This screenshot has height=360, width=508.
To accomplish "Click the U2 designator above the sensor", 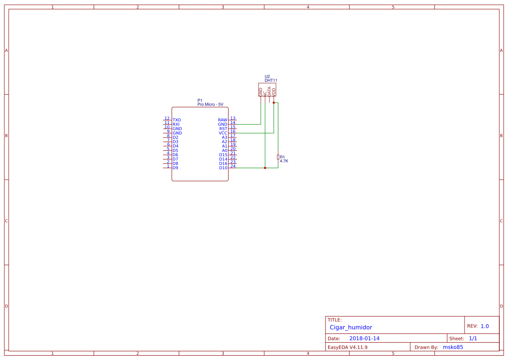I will (267, 77).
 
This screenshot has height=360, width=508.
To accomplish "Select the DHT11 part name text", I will (271, 80).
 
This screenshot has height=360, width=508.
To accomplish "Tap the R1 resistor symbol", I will (278, 157).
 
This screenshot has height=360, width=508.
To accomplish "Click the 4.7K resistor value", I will (284, 161).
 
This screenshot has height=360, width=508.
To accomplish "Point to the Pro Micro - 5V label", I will (210, 105).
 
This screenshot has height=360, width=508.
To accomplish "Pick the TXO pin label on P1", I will (176, 120).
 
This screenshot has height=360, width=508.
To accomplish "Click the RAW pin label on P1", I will (222, 120).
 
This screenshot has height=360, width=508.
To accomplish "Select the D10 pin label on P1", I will (223, 168).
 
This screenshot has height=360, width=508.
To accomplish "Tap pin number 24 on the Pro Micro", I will (233, 166).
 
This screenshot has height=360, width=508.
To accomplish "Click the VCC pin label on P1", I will (223, 133).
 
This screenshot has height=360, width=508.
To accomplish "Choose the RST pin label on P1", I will (223, 129).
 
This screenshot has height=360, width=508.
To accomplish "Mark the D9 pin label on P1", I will (175, 168).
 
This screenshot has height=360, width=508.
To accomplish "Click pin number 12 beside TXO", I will (167, 118).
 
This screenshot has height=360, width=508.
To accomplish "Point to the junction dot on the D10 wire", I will (265, 168).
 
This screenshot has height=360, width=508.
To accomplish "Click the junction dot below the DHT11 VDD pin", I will (274, 103).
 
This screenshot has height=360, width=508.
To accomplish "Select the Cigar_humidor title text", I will (351, 327).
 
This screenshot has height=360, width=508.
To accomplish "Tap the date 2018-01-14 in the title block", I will (364, 338).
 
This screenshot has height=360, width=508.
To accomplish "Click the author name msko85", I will (453, 347).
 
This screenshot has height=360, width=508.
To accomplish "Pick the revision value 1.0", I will (485, 326).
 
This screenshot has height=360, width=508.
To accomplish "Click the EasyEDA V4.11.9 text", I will (347, 347).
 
